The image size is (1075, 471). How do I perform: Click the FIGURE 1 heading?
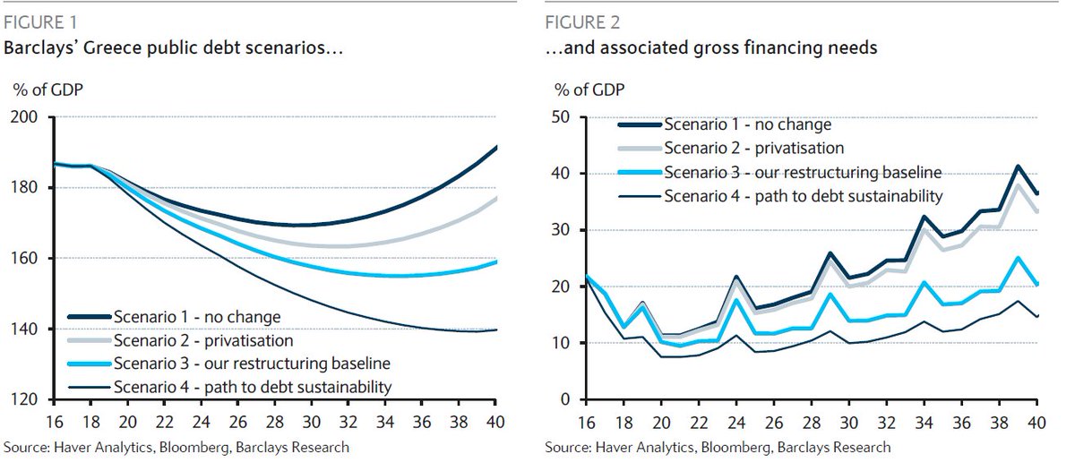coord(39,22)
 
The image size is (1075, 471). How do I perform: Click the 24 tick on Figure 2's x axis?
coord(735,420)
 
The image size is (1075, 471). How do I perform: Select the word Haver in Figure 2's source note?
coord(609,447)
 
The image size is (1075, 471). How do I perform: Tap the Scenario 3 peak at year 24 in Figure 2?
coord(735,300)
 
